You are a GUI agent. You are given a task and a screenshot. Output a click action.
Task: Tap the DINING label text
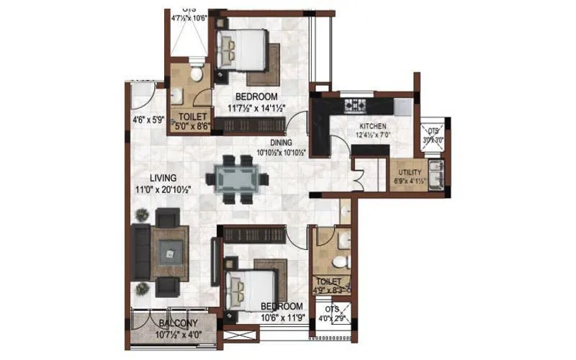tap(282, 143)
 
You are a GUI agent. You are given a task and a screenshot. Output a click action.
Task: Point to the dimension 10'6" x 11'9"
tap(282, 316)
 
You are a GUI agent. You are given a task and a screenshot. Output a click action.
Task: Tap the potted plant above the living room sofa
tap(143, 214)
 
